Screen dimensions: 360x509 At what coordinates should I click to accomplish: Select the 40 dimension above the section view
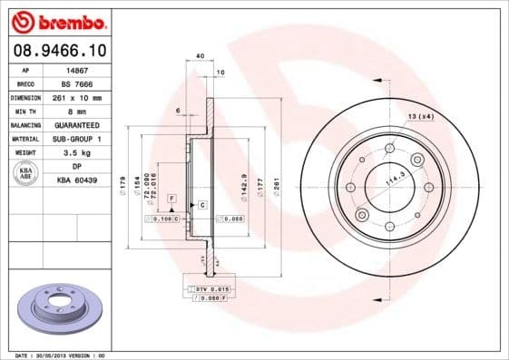tap(200, 56)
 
